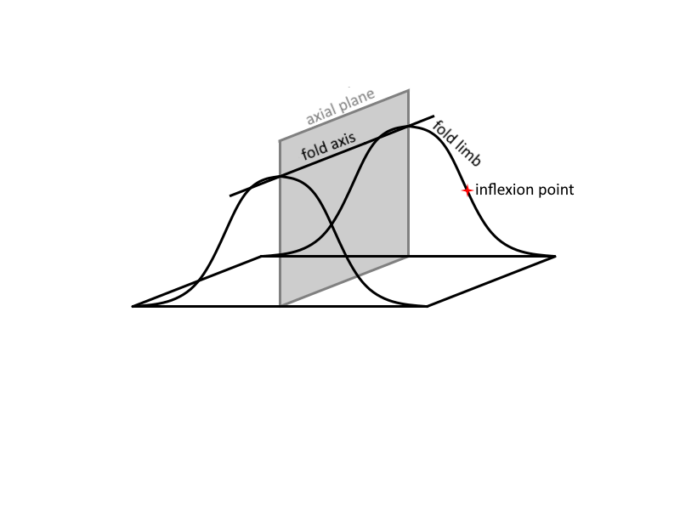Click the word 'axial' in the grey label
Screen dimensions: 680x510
click(x=321, y=114)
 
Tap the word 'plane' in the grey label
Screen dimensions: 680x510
click(x=357, y=99)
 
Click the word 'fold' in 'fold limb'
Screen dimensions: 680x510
click(x=444, y=130)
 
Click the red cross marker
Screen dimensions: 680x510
click(x=467, y=190)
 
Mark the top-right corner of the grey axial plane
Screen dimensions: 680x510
click(x=409, y=90)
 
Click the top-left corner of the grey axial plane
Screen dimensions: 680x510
click(x=280, y=140)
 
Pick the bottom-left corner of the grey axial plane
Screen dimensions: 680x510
click(x=280, y=306)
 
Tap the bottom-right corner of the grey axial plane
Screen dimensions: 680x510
click(x=409, y=257)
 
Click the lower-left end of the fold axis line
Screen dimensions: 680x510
click(x=230, y=196)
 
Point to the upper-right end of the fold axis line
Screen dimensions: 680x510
click(x=433, y=116)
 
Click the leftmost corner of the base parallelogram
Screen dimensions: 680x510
click(x=132, y=307)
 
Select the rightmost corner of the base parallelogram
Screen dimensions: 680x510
click(x=556, y=257)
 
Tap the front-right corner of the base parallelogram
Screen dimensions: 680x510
click(x=428, y=307)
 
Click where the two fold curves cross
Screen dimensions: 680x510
click(x=331, y=224)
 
